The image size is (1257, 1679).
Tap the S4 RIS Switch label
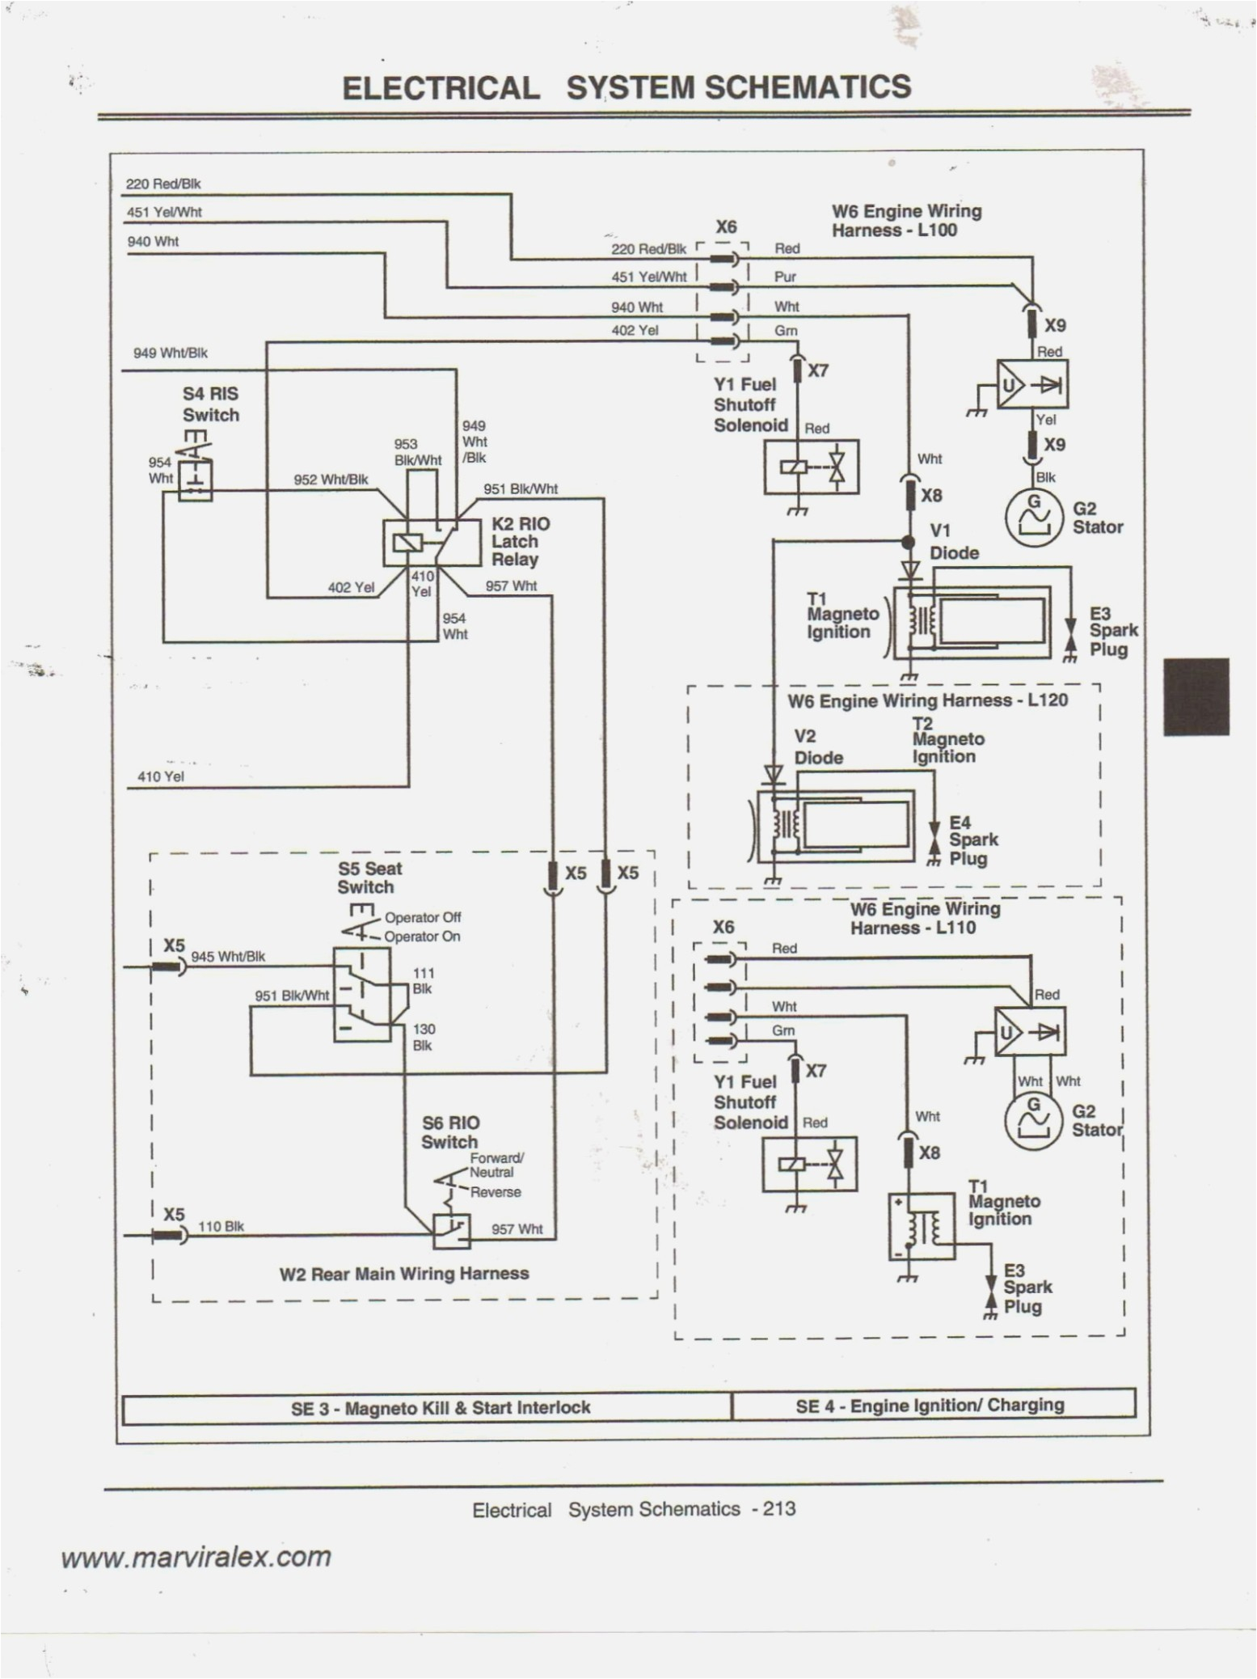pos(210,404)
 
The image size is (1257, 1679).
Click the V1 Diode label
pos(953,543)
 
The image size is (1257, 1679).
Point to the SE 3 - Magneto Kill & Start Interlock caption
pos(441,1407)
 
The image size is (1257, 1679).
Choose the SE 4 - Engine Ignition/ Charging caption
pos(930,1405)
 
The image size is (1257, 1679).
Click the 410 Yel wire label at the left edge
pos(161,776)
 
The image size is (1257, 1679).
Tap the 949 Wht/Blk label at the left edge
pos(170,353)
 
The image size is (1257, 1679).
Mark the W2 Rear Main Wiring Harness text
pos(404,1274)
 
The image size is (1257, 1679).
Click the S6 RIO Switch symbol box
pos(451,1230)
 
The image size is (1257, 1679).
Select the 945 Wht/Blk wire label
pos(228,957)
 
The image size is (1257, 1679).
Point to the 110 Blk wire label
pos(221,1226)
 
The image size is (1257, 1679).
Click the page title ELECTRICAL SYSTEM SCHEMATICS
pos(626,87)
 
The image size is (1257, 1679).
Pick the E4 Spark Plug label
pos(972,840)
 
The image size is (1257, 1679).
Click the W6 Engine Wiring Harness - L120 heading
pos(927,700)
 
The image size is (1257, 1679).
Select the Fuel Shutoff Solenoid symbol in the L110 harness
pos(809,1165)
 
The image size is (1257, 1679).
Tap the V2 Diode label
pos(817,747)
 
